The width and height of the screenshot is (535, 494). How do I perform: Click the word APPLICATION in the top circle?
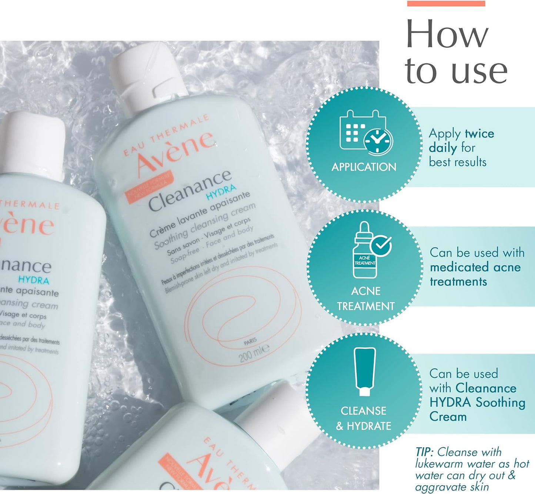(364, 167)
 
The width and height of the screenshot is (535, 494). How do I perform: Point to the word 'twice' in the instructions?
(479, 133)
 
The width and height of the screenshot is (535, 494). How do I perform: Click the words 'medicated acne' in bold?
(475, 267)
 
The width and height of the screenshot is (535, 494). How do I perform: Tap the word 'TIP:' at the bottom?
(424, 452)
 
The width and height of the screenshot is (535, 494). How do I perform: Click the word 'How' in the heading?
(447, 34)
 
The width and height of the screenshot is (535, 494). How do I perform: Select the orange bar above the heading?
(446, 3)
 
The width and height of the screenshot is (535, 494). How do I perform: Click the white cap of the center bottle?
(148, 78)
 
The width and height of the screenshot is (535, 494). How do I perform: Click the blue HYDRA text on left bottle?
(34, 280)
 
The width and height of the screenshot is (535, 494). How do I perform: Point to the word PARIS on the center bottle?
(250, 341)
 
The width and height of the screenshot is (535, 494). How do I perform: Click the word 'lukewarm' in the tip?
(439, 464)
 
